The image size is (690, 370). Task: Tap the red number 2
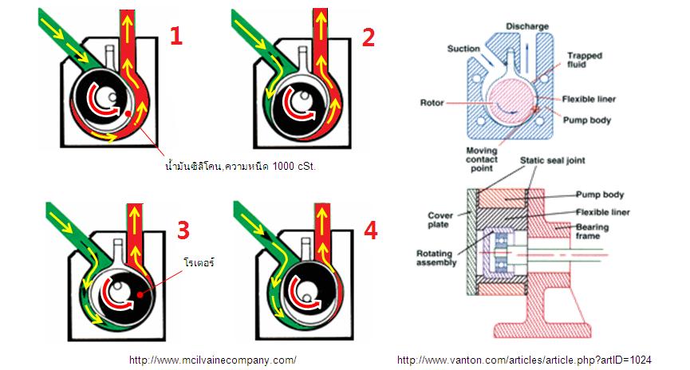[x=367, y=35]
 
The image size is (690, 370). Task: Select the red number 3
[x=183, y=230]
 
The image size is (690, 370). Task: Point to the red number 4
[x=370, y=230]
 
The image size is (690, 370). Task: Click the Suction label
[x=463, y=49]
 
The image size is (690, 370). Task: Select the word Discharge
[x=526, y=26]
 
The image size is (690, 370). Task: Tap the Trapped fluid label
[x=584, y=61]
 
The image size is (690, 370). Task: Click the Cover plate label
[x=441, y=220]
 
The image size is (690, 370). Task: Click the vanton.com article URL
[x=524, y=360]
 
